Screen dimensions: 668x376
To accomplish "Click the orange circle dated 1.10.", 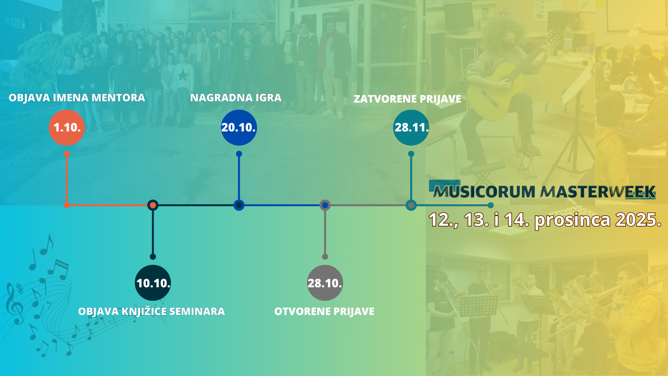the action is coord(67,127).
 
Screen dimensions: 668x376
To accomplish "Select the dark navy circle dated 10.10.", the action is coord(153,283).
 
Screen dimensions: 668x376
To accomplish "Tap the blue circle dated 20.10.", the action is coord(239,127).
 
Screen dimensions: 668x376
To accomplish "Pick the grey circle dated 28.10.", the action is coord(325,283).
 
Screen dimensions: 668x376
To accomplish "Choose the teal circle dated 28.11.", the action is coord(411,127).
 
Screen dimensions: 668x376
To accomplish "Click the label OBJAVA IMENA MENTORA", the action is coord(77,98).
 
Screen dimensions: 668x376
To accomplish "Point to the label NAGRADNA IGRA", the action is coord(236,98).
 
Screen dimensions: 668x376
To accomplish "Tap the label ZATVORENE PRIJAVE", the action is coord(407,99).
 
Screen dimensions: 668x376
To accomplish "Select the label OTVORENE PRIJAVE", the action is coord(324,311).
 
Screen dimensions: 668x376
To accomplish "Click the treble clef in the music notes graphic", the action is coord(14,304).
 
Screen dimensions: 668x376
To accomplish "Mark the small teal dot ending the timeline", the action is coord(490,205).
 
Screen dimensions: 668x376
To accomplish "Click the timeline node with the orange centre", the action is coord(153,205).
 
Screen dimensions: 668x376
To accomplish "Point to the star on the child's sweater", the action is coord(182,75).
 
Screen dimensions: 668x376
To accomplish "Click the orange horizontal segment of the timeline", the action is coord(107,205).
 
